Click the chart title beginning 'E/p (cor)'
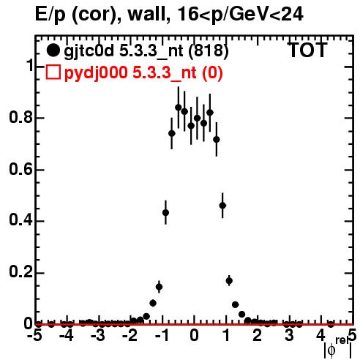169,14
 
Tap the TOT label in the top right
307,50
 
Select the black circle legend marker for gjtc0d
53,50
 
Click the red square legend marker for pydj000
53,72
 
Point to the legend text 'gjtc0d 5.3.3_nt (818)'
146,50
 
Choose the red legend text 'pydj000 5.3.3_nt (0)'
143,72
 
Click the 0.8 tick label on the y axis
20,117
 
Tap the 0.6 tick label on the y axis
20,169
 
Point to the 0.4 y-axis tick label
20,220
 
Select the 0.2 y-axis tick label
20,272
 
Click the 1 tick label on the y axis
29,66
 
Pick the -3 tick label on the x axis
98,335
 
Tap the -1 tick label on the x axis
162,335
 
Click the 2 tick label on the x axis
258,335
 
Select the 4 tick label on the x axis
321,335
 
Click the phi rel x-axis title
338,348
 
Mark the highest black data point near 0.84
179,108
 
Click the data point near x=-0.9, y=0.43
165,212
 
